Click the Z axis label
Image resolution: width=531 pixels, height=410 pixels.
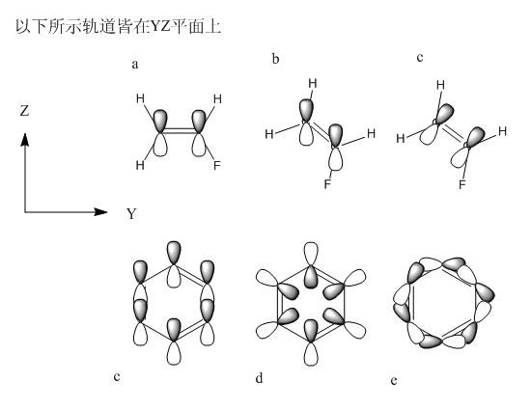click(x=24, y=111)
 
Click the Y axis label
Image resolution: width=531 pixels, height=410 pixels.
click(x=131, y=214)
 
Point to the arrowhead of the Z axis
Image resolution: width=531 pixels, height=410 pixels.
click(x=25, y=139)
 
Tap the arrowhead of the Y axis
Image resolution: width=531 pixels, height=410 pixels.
click(x=100, y=212)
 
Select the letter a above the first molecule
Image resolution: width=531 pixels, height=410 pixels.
click(x=135, y=64)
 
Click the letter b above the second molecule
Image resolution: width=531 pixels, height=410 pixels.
click(x=276, y=59)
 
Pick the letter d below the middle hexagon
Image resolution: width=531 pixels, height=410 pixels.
click(x=259, y=378)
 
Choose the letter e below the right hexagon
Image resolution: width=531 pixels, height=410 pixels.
click(x=394, y=381)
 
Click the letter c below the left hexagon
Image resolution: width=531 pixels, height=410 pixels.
click(x=117, y=376)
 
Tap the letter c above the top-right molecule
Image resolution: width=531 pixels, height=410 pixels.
click(x=420, y=58)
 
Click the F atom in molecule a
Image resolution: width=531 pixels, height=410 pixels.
click(x=217, y=165)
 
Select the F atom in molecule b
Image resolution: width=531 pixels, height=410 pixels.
click(x=327, y=184)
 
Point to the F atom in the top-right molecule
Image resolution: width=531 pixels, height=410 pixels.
click(x=462, y=184)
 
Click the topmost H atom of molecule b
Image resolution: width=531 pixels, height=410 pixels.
click(x=313, y=83)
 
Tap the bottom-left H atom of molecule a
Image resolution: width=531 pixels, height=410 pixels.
click(x=140, y=165)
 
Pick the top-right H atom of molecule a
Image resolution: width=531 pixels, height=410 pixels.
click(x=217, y=99)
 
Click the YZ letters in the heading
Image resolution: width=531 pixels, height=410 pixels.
click(x=160, y=27)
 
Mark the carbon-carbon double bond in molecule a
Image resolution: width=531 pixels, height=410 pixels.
click(x=180, y=130)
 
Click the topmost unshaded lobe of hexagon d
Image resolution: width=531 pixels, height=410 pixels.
click(x=311, y=254)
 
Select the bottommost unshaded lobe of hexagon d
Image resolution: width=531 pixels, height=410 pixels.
click(x=311, y=354)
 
